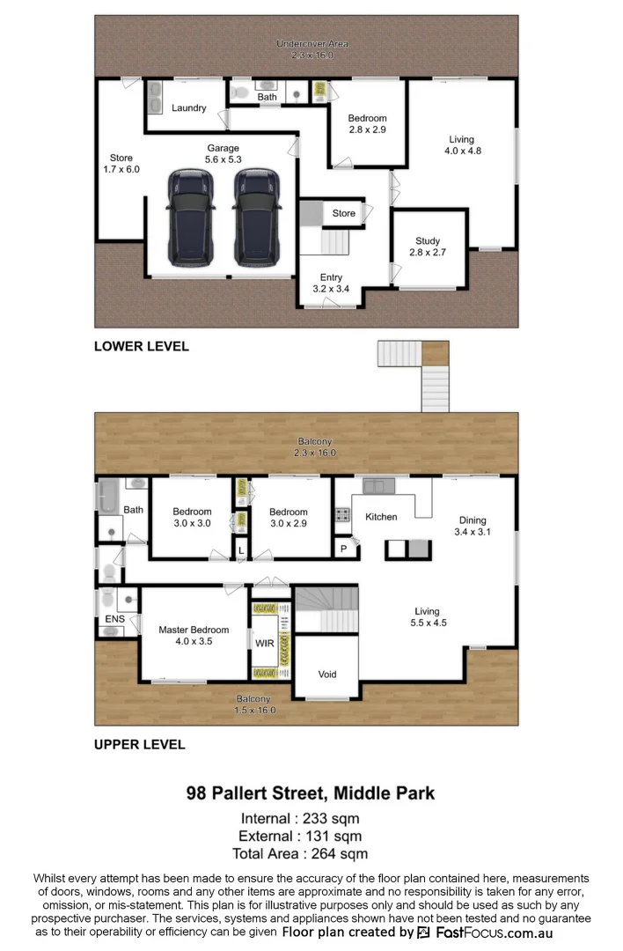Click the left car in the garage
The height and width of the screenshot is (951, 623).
[191, 217]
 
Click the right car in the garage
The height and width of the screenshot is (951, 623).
[256, 217]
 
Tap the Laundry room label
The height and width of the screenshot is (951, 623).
[189, 108]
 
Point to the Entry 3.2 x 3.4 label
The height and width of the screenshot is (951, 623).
[331, 283]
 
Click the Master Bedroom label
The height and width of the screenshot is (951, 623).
[194, 635]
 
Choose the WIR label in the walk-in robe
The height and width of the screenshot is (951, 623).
[264, 644]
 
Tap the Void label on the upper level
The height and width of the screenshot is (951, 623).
[326, 675]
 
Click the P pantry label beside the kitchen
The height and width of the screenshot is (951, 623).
[343, 549]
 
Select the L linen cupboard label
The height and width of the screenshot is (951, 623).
[240, 550]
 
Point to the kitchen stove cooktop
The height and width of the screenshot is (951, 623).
[341, 517]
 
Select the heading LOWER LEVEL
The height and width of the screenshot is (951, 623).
[141, 347]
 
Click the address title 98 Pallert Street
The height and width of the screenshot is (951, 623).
[311, 793]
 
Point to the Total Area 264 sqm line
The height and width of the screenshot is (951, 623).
[300, 853]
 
